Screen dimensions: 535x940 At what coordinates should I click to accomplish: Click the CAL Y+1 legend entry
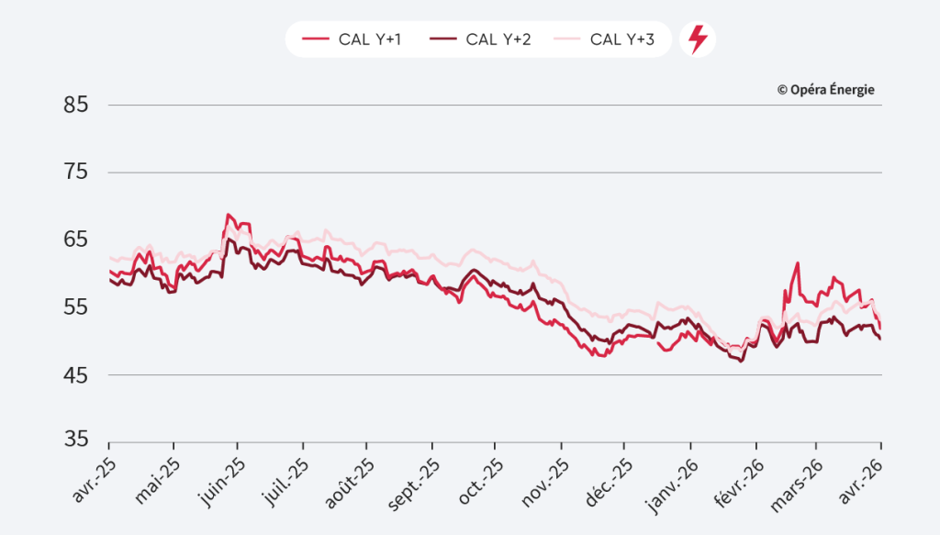click(x=352, y=39)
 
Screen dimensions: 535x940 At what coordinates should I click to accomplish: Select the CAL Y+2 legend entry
click(x=481, y=39)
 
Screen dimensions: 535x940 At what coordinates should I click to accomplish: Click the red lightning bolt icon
click(x=698, y=39)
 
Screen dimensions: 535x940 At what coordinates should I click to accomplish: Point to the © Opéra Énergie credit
click(x=825, y=89)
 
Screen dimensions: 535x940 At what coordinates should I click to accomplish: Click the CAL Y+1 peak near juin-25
click(x=228, y=215)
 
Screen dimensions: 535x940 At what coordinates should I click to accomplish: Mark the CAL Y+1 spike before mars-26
click(x=798, y=263)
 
